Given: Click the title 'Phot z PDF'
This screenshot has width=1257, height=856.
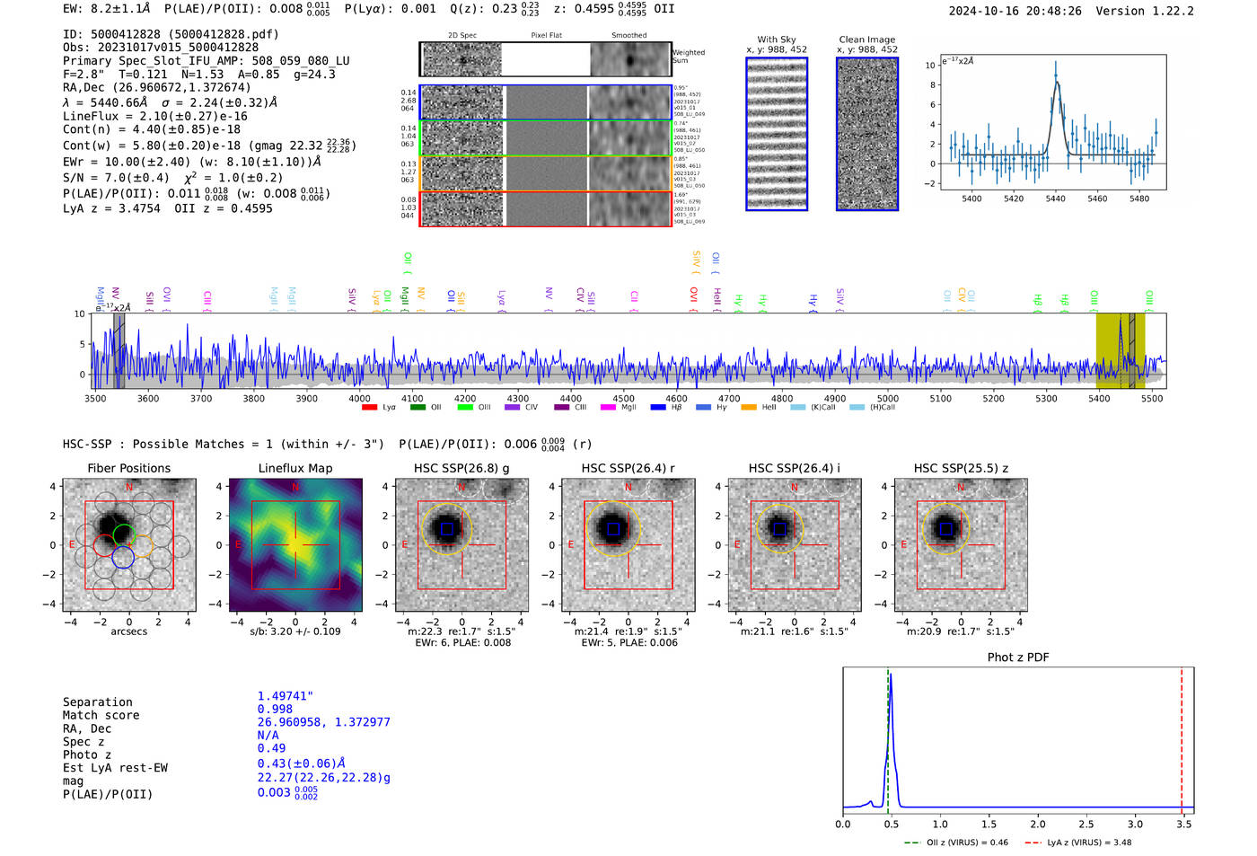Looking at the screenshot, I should click(x=1017, y=657).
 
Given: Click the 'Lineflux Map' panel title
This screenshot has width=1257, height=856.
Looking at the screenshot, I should click(x=294, y=468).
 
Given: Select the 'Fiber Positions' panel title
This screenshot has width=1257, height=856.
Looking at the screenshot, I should click(x=128, y=468).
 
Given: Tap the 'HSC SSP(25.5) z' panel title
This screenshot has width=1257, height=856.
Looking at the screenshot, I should click(x=961, y=468).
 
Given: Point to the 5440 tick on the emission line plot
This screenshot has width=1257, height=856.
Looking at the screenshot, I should click(x=1056, y=199).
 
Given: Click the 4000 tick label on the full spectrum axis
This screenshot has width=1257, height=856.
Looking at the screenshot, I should click(x=359, y=399).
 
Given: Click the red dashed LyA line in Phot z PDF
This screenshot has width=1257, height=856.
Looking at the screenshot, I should click(x=1182, y=737).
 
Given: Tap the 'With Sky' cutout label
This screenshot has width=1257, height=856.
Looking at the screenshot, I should click(x=776, y=40).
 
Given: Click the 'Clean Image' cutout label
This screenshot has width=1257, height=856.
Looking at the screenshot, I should click(x=866, y=40).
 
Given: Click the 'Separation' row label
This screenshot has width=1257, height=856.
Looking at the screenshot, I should click(x=97, y=702).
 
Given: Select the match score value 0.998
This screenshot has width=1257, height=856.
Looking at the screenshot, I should click(x=275, y=710).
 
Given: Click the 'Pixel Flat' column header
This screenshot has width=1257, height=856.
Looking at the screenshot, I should click(x=546, y=36).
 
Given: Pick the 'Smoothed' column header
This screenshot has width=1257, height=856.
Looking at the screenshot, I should click(x=628, y=36).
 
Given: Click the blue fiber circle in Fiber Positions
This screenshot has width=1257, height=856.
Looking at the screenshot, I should click(x=123, y=557).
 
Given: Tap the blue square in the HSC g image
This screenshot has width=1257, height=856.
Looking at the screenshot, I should click(x=447, y=529).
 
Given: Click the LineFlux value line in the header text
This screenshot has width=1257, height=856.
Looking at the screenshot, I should click(x=154, y=116).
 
